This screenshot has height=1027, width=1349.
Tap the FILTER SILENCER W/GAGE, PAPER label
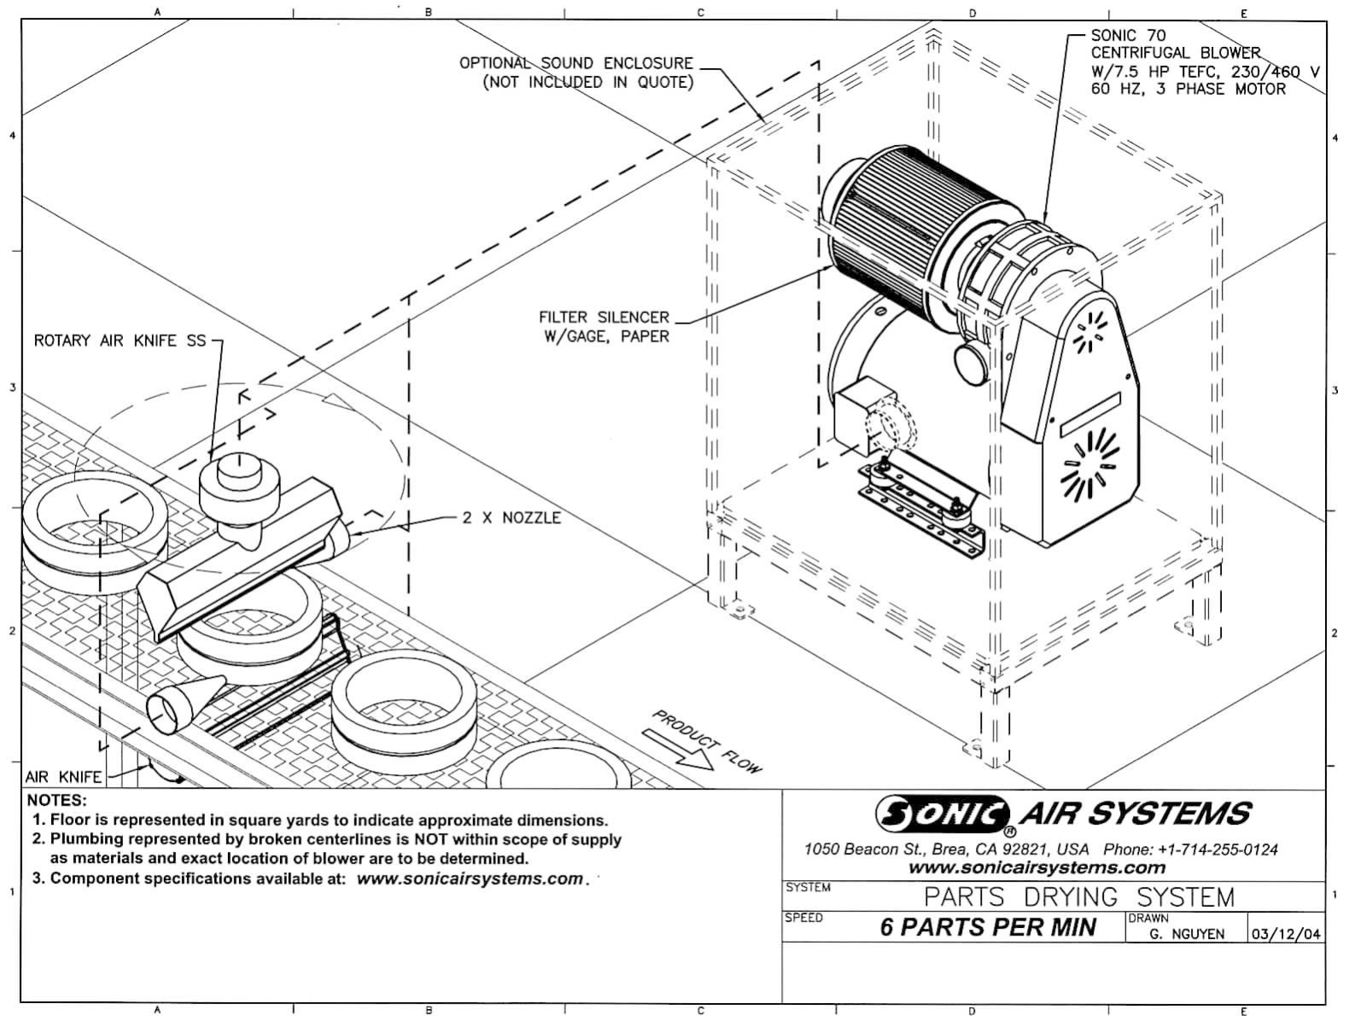point(604,327)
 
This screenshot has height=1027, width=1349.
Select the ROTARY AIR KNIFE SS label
point(120,341)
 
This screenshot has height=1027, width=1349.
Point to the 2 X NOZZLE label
point(511,518)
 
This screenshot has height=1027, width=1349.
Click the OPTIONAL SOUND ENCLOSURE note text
point(576,73)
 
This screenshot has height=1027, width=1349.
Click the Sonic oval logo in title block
point(942,814)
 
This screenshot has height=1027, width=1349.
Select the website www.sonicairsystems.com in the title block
point(1037,868)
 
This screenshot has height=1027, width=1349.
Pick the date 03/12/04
point(1286,934)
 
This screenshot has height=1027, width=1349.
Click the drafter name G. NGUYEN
point(1187,934)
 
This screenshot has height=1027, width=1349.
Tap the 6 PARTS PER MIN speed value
point(988,927)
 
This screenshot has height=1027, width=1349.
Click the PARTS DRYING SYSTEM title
point(1079,897)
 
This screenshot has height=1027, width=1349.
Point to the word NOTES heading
point(57,801)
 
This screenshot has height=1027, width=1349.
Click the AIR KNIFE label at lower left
point(63,777)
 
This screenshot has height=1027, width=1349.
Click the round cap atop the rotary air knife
point(240,468)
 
